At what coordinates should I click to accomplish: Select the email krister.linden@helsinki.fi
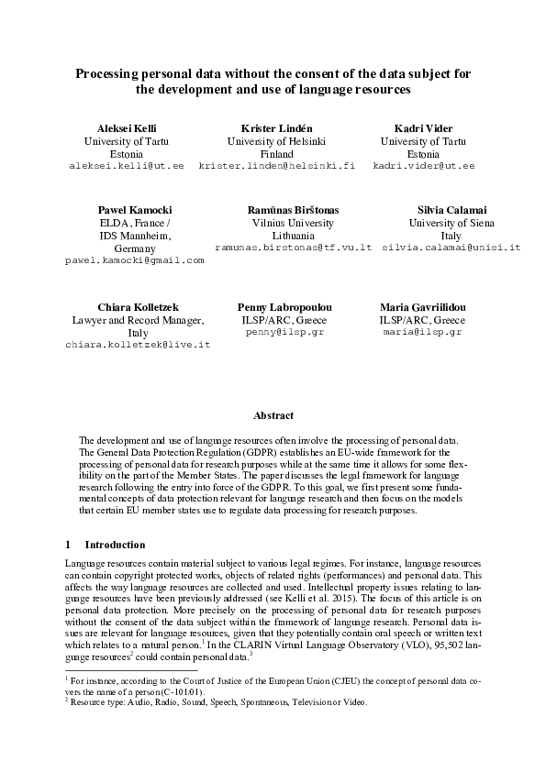click(x=276, y=166)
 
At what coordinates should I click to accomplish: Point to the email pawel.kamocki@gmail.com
click(x=134, y=260)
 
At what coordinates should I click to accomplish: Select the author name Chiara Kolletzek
click(x=138, y=306)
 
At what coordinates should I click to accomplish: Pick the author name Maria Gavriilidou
click(x=423, y=306)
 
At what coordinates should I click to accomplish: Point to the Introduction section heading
click(x=121, y=544)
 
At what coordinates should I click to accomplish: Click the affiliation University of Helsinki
click(x=277, y=141)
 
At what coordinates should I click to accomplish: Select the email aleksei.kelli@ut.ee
click(x=127, y=166)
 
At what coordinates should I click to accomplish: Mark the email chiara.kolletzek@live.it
click(x=138, y=344)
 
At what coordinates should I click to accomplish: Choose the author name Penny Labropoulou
click(x=284, y=306)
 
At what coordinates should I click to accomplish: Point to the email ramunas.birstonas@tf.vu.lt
click(x=293, y=248)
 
